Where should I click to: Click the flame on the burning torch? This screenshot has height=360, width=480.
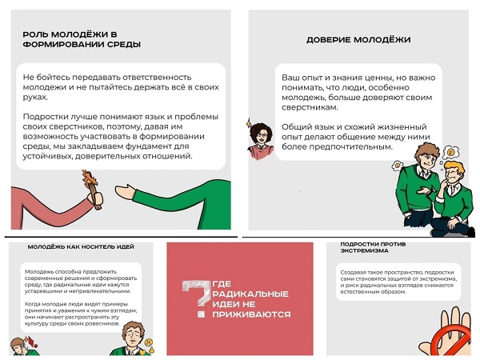point(90,178)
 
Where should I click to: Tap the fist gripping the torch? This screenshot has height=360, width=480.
point(95,198)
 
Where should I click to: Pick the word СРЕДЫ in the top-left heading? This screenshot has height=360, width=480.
point(124,44)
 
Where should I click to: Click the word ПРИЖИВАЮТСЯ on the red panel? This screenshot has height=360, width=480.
point(251,314)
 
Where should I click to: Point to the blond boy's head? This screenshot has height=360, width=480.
point(453,174)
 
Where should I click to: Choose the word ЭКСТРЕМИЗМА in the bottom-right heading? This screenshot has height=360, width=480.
point(364,250)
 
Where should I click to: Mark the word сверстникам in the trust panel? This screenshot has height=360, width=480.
point(310,108)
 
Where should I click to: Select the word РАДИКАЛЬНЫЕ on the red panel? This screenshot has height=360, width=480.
point(250,294)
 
